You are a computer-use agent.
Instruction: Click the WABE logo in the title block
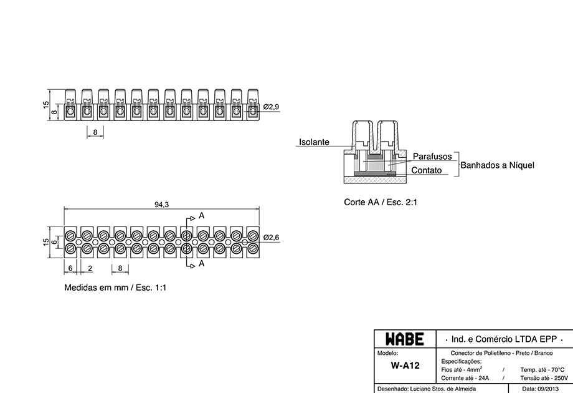coord(405,339)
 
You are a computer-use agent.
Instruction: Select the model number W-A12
coord(405,366)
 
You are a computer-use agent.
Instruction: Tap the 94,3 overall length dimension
coord(161,205)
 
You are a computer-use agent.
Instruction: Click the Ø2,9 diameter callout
coord(271,107)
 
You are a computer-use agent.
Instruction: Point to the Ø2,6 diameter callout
coord(271,238)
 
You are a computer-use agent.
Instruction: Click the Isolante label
coord(315,142)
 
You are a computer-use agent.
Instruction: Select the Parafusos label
coord(432,156)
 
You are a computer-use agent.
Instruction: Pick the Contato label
coord(427,170)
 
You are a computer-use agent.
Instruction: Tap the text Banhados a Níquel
coord(498,165)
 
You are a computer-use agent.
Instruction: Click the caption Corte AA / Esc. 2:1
coord(381,202)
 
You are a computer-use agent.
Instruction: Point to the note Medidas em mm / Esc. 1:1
coord(115,288)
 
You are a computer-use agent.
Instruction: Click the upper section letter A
coord(201,216)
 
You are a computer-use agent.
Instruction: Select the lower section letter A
coord(201,263)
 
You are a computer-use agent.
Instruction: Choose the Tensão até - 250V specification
coord(544,379)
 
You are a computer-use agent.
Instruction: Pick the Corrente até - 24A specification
coord(465,379)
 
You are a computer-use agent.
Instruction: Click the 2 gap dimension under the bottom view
coord(90,268)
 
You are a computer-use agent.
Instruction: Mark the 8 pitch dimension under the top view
coord(95,132)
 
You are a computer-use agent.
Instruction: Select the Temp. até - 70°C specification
coord(542,370)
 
